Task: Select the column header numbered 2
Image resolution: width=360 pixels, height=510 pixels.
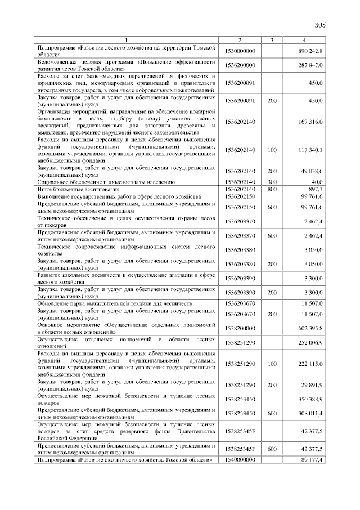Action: point(240,40)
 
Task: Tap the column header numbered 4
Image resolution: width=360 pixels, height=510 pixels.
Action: point(304,40)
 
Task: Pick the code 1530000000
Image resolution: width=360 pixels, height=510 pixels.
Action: point(240,51)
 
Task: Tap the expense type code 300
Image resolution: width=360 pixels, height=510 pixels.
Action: point(272,182)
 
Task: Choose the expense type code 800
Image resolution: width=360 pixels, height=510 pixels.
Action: point(272,189)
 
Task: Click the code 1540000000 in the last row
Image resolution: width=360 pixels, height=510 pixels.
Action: point(240,460)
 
